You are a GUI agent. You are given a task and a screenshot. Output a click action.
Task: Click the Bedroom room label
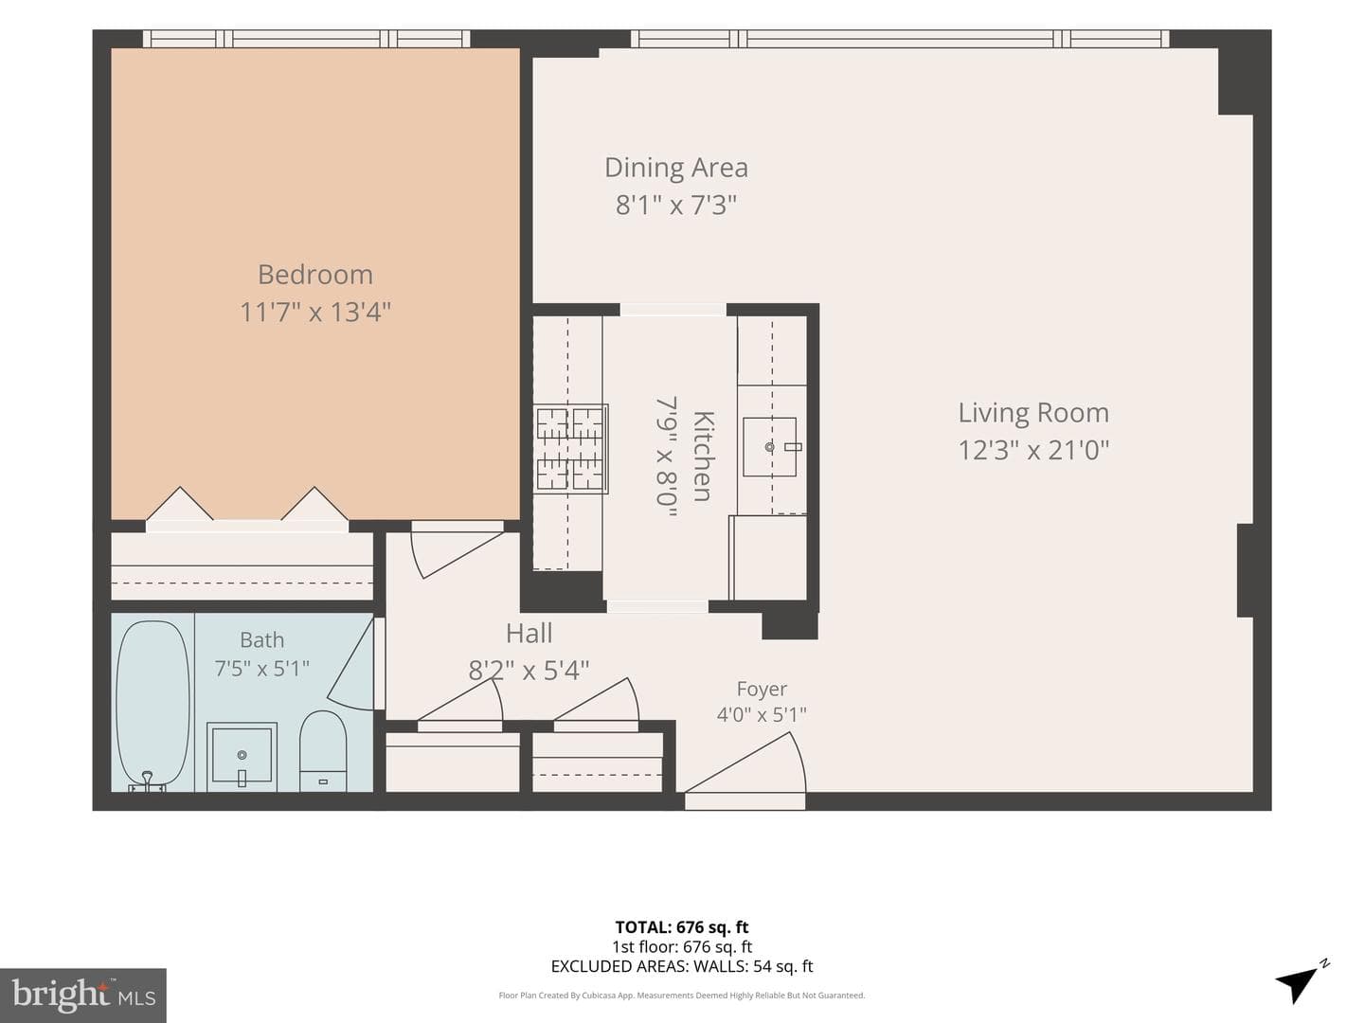315,275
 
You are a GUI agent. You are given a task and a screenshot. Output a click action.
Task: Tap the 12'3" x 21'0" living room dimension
1033,450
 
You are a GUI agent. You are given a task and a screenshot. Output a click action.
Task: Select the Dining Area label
676,168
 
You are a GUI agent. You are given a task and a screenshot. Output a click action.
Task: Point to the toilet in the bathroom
323,751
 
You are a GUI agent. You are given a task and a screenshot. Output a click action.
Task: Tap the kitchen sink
770,446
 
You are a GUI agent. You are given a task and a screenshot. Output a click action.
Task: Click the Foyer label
762,689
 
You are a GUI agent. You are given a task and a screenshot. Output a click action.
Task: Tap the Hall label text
529,634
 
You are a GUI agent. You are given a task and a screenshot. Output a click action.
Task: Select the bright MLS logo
83,995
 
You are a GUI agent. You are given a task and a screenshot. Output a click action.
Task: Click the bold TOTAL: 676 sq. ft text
682,927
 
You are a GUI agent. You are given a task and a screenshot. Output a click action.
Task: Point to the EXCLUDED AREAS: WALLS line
682,966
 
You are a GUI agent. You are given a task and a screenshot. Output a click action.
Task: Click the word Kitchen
704,456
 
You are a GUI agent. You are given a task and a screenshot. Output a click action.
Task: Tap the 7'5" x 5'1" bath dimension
261,669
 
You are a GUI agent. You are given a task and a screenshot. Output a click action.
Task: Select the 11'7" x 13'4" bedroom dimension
315,312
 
